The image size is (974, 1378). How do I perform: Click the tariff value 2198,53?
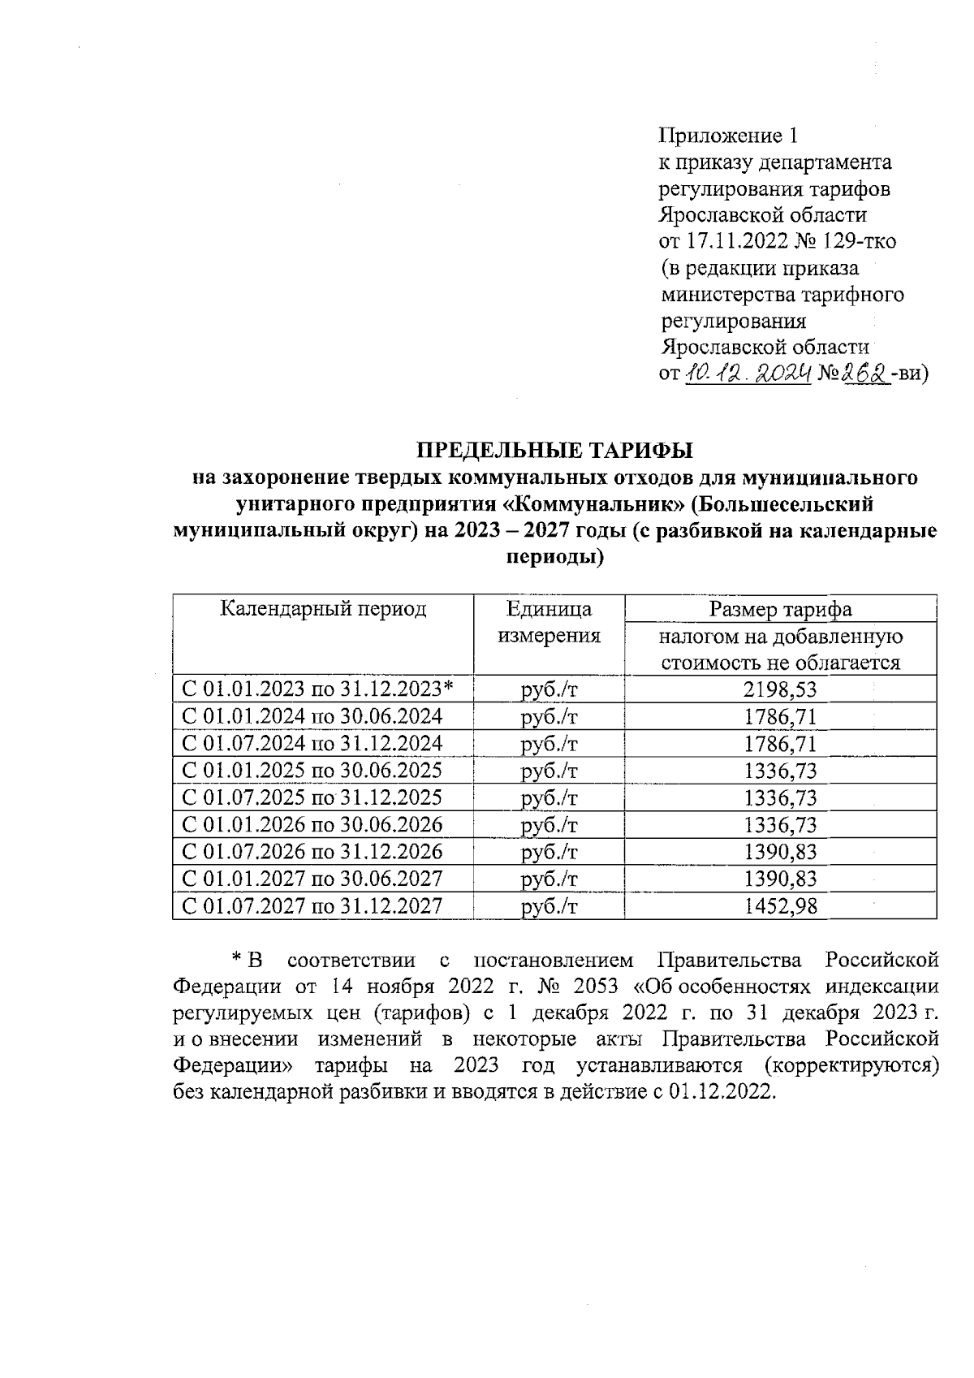click(x=780, y=689)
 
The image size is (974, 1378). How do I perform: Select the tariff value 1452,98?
click(x=780, y=905)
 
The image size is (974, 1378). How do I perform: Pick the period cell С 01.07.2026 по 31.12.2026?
click(x=312, y=851)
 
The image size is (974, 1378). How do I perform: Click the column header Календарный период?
click(x=324, y=609)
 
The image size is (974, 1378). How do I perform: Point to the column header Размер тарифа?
click(x=780, y=609)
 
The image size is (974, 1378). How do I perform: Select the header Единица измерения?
click(x=549, y=622)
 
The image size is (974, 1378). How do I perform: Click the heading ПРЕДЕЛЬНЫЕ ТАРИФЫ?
click(x=555, y=449)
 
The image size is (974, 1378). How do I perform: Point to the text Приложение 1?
click(x=729, y=135)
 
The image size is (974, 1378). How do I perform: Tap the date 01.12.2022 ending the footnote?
click(x=722, y=1092)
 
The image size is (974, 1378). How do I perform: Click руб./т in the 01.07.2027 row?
click(x=549, y=905)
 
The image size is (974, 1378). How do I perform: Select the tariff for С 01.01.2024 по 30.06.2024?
click(x=780, y=716)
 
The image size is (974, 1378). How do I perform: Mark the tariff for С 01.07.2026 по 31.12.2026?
click(x=780, y=851)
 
